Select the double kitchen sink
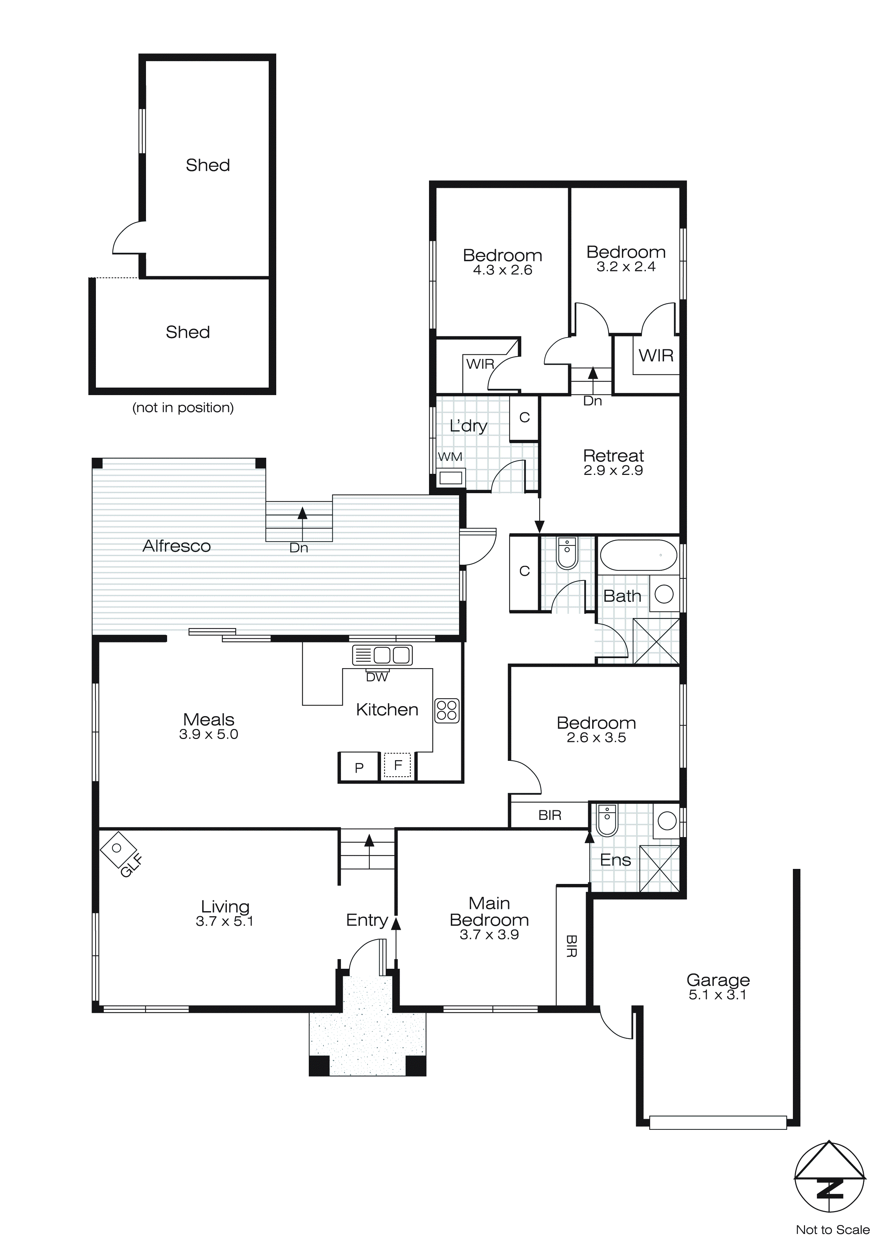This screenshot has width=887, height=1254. (382, 655)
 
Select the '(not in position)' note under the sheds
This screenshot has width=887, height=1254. (183, 407)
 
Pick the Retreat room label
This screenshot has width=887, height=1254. (613, 456)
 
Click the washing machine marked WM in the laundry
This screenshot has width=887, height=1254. (450, 477)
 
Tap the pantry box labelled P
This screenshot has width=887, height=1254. (359, 767)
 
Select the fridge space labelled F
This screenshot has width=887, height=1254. (398, 765)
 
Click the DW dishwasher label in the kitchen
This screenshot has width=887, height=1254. (377, 677)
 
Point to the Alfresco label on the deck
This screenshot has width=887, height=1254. (176, 546)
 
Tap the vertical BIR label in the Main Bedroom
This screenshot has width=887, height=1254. (571, 946)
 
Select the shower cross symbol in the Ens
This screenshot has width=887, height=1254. (659, 869)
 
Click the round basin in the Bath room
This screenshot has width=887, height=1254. (664, 594)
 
